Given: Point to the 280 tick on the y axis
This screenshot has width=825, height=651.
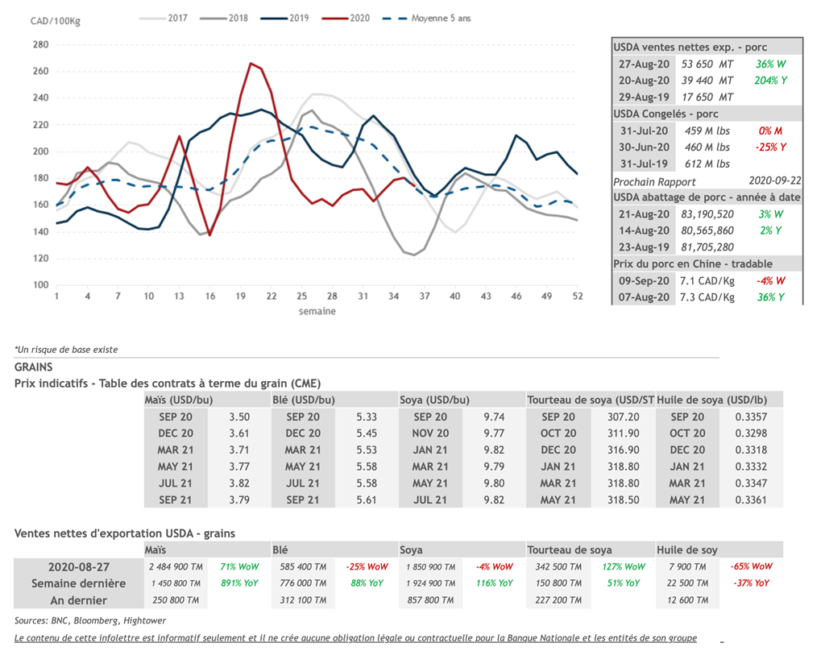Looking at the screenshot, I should (40, 44).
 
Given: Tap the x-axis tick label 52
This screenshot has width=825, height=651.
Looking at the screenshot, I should (577, 296).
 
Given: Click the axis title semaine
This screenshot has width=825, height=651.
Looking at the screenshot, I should (317, 311).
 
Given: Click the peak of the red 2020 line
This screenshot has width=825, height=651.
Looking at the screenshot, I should (251, 63).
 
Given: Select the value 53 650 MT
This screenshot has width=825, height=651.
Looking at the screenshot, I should (707, 64).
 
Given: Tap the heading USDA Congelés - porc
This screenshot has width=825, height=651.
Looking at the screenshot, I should (665, 114).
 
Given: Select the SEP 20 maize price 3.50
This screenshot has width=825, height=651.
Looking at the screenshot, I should (239, 417).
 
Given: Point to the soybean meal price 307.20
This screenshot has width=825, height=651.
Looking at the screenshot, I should (623, 417).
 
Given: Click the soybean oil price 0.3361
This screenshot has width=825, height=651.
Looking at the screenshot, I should (751, 500).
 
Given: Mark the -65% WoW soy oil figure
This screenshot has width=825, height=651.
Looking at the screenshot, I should (751, 566).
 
